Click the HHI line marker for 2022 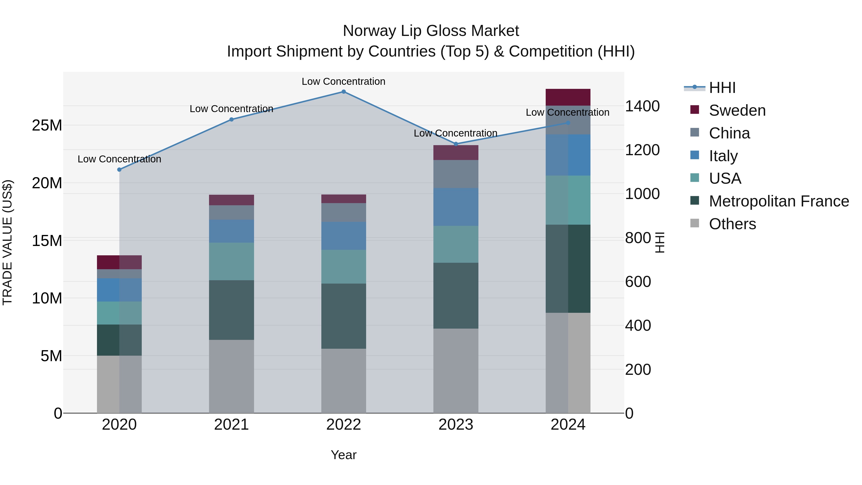[343, 92]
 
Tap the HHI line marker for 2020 [119, 170]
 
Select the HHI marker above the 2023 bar [455, 144]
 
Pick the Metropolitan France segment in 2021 [231, 310]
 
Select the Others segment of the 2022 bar [343, 381]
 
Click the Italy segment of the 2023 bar [455, 207]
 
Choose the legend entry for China [729, 133]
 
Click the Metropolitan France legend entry [778, 201]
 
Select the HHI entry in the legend [721, 88]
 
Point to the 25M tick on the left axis [47, 126]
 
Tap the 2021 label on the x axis [231, 425]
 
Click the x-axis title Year [343, 455]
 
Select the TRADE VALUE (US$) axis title [8, 242]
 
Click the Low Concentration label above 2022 [343, 81]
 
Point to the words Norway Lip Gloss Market [431, 31]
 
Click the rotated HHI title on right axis [659, 242]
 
